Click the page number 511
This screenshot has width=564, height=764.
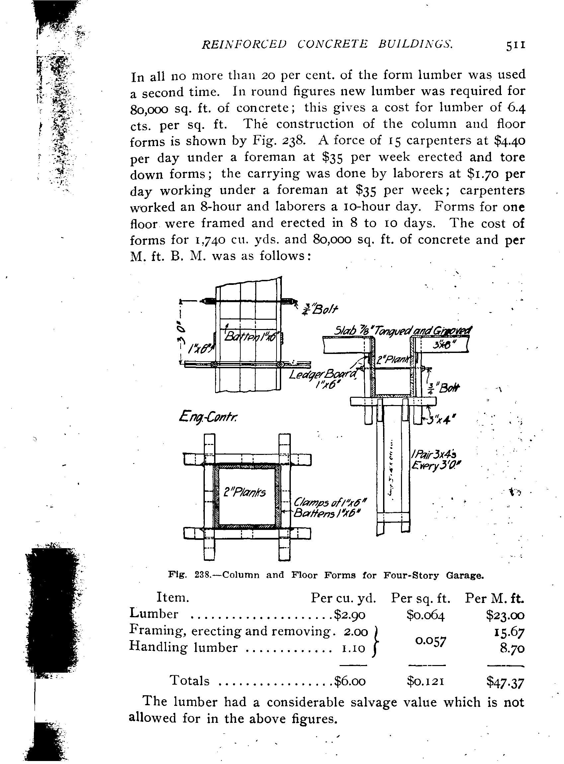click(515, 45)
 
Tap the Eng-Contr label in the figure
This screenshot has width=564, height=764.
click(208, 417)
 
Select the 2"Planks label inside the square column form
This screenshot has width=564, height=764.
click(244, 492)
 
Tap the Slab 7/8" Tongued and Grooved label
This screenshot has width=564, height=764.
click(403, 331)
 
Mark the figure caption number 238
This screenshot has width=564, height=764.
click(205, 575)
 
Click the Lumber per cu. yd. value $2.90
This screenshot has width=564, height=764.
click(350, 615)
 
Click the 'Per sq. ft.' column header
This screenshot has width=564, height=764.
click(421, 598)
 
